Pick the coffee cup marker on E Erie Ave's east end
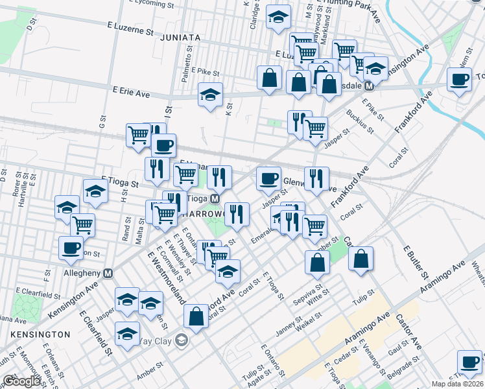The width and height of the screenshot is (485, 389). pyautogui.click(x=460, y=80)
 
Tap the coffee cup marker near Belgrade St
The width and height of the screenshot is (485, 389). pyautogui.click(x=469, y=362)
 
